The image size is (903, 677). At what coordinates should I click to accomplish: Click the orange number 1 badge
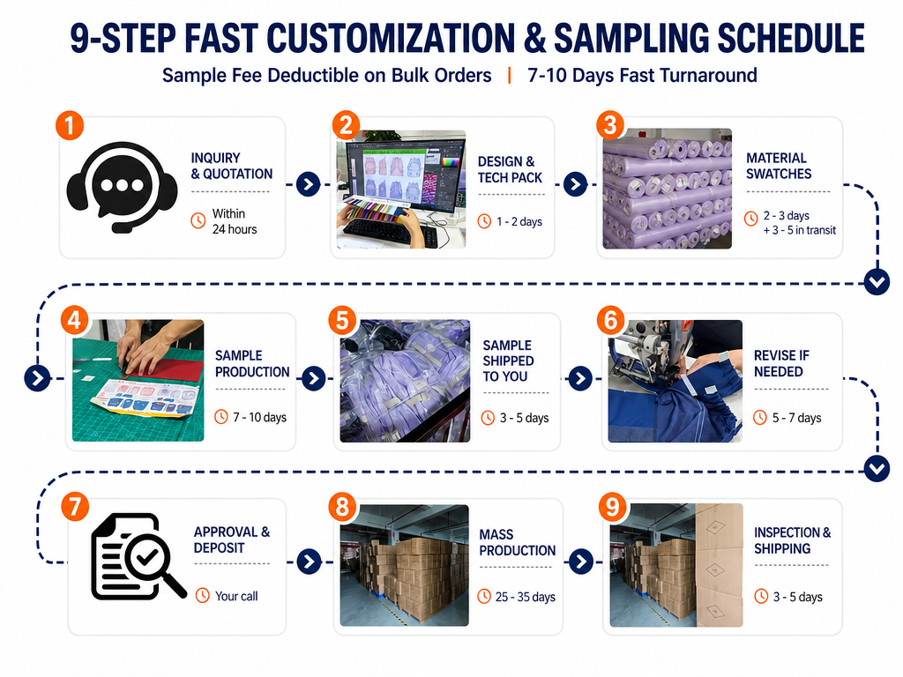pyautogui.click(x=70, y=126)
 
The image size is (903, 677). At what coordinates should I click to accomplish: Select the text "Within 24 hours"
pyautogui.click(x=235, y=221)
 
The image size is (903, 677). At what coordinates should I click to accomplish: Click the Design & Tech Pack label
pyautogui.click(x=510, y=170)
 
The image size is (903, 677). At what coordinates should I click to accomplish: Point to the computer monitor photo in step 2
pyautogui.click(x=401, y=189)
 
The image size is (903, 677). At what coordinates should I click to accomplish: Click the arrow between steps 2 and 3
pyautogui.click(x=575, y=184)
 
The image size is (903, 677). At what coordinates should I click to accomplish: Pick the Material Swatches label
pyautogui.click(x=779, y=166)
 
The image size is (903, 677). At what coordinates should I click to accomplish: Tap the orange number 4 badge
pyautogui.click(x=75, y=321)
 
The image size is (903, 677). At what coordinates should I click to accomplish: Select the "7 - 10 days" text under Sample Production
pyautogui.click(x=260, y=417)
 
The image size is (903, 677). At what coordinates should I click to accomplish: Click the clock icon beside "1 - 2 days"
pyautogui.click(x=484, y=221)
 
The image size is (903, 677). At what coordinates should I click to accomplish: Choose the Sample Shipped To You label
pyautogui.click(x=508, y=361)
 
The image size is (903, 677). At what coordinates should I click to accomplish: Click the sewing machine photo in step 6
pyautogui.click(x=675, y=381)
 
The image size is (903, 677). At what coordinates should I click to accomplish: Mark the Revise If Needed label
pyautogui.click(x=781, y=363)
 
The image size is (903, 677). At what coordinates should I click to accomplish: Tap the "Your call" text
pyautogui.click(x=236, y=597)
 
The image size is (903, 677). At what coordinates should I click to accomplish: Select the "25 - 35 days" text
pyautogui.click(x=526, y=597)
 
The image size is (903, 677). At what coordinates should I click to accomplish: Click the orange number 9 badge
pyautogui.click(x=612, y=507)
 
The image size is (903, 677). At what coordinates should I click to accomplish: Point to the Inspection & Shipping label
pyautogui.click(x=793, y=540)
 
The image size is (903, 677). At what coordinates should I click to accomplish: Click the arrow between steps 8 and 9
pyautogui.click(x=581, y=562)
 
